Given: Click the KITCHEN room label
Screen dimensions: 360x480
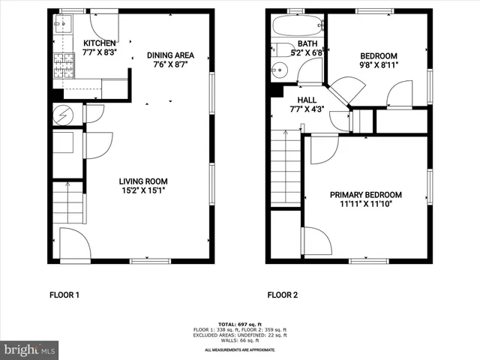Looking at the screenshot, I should tap(99, 43).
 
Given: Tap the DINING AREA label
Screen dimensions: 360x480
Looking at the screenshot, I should tap(170, 55).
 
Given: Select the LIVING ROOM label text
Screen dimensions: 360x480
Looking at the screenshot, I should tap(142, 181).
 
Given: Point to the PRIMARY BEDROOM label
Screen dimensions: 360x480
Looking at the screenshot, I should tap(366, 194).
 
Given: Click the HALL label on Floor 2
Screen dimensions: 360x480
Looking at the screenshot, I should tap(306, 100).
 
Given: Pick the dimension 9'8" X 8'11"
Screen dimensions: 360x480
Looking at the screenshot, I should tap(379, 65).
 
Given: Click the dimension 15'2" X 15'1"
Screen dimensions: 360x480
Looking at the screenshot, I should tap(142, 190).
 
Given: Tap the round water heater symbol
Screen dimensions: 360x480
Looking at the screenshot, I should tap(63, 115).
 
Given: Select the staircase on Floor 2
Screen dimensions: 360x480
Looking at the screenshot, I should tap(286, 166).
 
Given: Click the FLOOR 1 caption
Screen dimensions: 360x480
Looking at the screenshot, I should tap(64, 295).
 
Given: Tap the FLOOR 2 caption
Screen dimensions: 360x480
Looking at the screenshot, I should tap(282, 295).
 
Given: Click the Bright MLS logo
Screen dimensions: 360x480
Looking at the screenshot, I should tap(29, 349).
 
